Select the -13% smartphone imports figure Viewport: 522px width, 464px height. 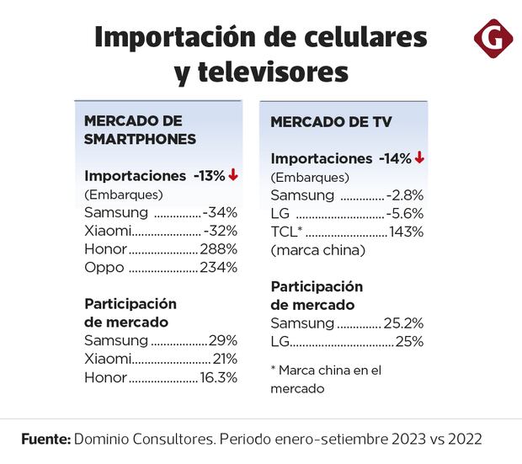[x=209, y=175]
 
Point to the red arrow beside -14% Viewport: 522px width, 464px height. [x=418, y=157]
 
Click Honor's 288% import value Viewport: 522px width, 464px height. [x=219, y=249]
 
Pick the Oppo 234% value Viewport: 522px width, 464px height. [x=219, y=268]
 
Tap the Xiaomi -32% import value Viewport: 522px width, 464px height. [x=221, y=231]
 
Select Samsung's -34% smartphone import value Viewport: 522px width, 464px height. [x=221, y=212]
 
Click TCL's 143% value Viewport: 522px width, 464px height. [x=406, y=232]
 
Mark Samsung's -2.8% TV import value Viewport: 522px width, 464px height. [x=405, y=195]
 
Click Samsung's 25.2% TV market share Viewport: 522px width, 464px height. [x=403, y=323]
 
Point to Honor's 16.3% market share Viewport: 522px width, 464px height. [x=219, y=377]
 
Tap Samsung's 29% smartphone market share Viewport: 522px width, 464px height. [x=224, y=340]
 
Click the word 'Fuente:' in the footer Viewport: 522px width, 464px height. [x=45, y=440]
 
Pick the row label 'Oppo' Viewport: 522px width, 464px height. [x=104, y=268]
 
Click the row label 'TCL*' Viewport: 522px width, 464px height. [x=287, y=232]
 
